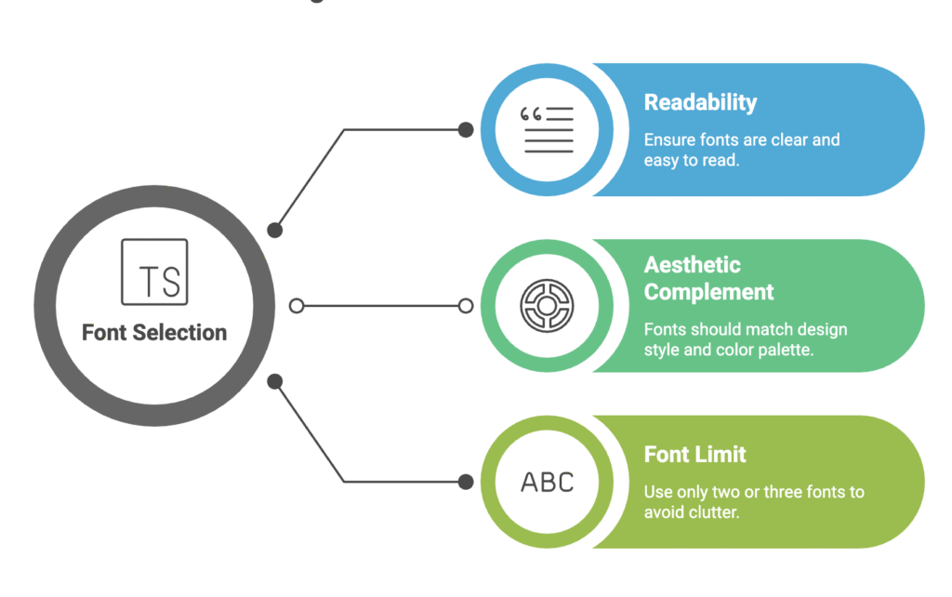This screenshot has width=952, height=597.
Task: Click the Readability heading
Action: [x=700, y=102]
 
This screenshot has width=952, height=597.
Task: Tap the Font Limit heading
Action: [x=694, y=455]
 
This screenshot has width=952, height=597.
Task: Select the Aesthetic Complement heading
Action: [x=708, y=278]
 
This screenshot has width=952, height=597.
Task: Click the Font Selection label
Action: [x=154, y=333]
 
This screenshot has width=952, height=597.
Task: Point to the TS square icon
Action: [x=154, y=272]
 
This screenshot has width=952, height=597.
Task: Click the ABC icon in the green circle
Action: [x=547, y=482]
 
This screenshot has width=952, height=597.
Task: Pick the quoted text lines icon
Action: [x=547, y=129]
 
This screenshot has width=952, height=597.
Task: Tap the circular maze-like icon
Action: [x=547, y=306]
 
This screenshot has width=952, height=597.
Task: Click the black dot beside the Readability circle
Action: [x=466, y=129]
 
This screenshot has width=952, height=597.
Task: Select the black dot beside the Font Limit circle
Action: [x=466, y=482]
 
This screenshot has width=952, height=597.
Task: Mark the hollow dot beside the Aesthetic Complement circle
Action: [x=466, y=306]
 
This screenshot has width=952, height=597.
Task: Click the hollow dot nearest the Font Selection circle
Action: [x=297, y=306]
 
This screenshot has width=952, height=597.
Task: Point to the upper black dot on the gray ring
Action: [x=274, y=230]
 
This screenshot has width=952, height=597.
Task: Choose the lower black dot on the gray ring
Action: [x=274, y=381]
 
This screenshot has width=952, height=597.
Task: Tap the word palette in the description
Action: [x=789, y=351]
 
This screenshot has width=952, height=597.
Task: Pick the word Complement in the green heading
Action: [x=708, y=292]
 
